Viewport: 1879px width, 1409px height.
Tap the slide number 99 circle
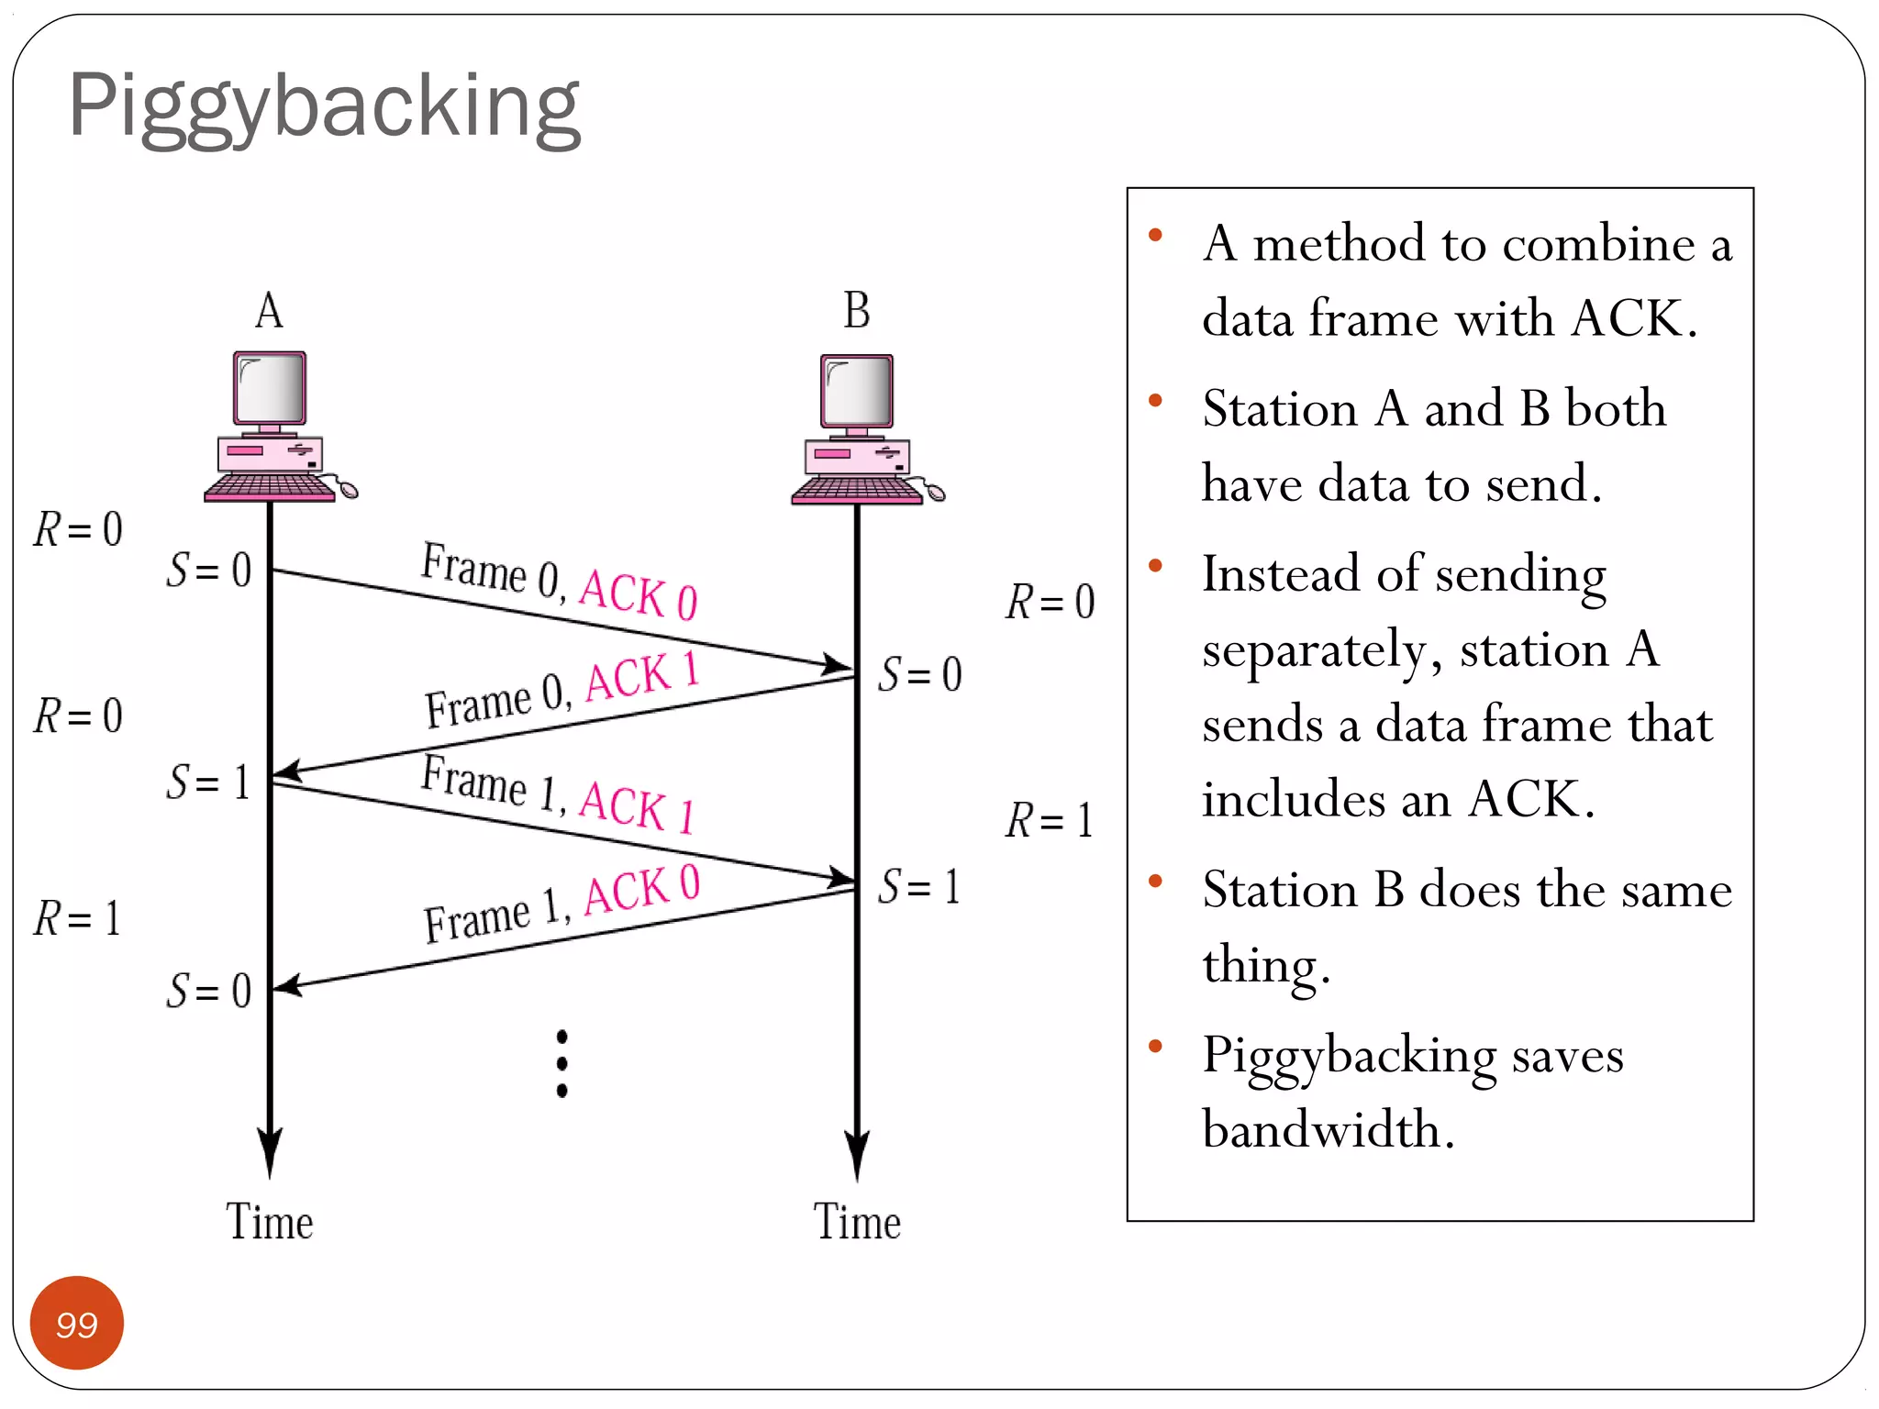pos(77,1323)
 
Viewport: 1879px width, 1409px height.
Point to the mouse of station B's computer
pos(935,494)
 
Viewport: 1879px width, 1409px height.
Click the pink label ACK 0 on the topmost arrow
pos(639,594)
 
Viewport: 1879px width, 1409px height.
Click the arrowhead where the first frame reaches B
pos(837,663)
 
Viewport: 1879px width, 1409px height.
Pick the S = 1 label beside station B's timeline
pos(918,887)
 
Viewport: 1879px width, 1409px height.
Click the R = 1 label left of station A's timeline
pos(78,918)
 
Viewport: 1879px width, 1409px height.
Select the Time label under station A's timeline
pos(269,1222)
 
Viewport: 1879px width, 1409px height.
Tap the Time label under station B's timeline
pos(857,1222)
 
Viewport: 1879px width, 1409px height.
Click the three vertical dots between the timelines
pos(561,1063)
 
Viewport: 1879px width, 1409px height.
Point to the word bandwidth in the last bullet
pos(1327,1128)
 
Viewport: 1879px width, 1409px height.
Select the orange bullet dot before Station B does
pos(1155,882)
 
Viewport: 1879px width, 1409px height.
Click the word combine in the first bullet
pos(1598,244)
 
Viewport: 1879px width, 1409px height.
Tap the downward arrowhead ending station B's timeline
pos(857,1156)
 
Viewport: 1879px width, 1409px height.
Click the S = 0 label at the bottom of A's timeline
pos(209,991)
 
